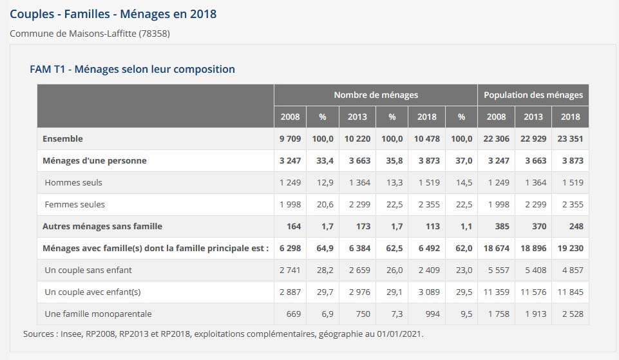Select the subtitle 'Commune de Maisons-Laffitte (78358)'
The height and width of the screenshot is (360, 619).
[x=90, y=33]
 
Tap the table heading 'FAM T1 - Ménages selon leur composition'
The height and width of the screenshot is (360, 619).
[x=132, y=69]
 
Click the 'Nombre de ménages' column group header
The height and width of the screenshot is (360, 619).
[x=376, y=95]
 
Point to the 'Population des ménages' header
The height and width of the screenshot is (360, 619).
[x=533, y=95]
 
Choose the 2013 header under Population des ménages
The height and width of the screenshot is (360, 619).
[x=533, y=117]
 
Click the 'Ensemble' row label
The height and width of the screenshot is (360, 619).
[x=62, y=138]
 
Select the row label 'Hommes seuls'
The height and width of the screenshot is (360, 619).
[x=73, y=182]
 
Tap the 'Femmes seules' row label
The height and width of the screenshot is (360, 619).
[x=75, y=204]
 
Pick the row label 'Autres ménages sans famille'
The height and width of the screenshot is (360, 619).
[x=102, y=226]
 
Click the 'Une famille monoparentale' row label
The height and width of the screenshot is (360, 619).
[x=98, y=314]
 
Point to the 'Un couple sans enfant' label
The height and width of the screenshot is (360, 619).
[x=88, y=270]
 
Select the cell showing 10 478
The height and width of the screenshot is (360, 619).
[x=426, y=138]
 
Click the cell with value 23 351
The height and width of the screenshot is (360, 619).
[x=569, y=138]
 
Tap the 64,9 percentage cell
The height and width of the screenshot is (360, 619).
[x=322, y=248]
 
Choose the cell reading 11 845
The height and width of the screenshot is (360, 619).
[x=569, y=292]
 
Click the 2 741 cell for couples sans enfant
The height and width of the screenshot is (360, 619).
[x=290, y=270]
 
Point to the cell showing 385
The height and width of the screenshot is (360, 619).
[x=500, y=226]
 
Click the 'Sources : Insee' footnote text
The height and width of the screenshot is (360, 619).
[x=223, y=334]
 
